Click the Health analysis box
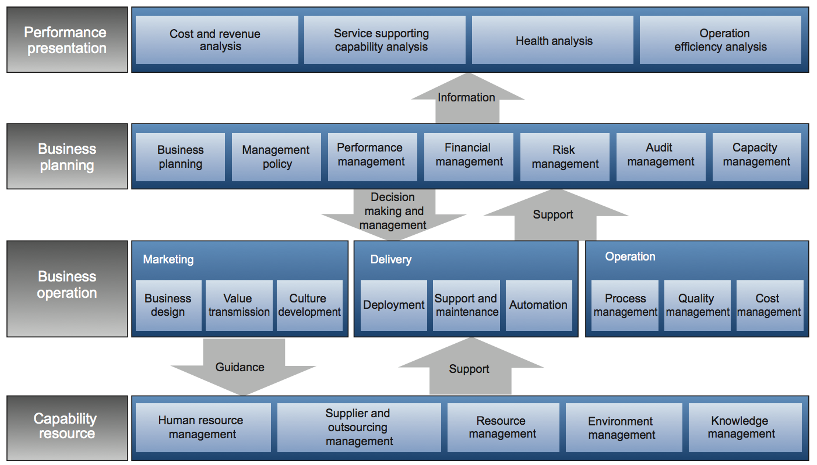(552, 40)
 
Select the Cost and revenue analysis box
(217, 40)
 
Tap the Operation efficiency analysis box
(720, 40)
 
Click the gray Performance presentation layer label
(67, 40)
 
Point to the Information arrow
(467, 98)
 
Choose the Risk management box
(565, 157)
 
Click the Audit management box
(661, 157)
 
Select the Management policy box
(276, 157)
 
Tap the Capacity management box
(757, 157)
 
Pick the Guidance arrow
(243, 367)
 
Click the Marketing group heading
(168, 259)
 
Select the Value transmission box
(239, 305)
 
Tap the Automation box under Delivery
(538, 305)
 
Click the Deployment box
(393, 305)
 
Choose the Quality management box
(698, 305)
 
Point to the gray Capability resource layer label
(67, 428)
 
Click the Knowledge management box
(745, 428)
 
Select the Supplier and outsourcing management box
(360, 428)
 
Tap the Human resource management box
(203, 428)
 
